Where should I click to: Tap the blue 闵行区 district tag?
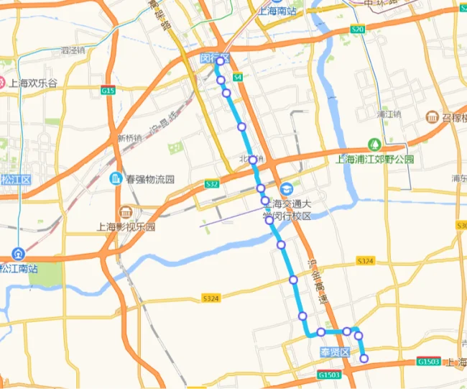tap(214, 57)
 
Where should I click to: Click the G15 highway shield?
tap(108, 91)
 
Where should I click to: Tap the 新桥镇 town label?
tap(130, 138)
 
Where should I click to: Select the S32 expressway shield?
tap(211, 184)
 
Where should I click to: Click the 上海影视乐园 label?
tap(126, 226)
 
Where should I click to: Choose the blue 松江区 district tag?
tap(14, 179)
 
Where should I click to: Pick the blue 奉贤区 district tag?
tap(334, 352)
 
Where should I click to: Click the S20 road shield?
tap(358, 29)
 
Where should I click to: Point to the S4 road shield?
tap(238, 76)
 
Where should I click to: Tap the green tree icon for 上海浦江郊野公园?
tap(374, 144)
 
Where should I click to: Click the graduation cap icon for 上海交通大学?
tap(287, 188)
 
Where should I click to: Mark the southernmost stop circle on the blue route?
tap(364, 358)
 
